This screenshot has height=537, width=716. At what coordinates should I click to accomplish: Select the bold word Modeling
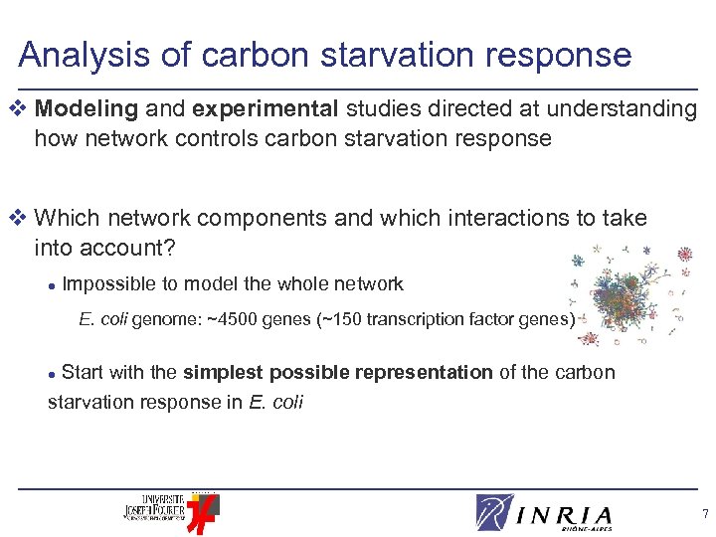87,109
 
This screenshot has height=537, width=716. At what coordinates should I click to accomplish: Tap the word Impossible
108,284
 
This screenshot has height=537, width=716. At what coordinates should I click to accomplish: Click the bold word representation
411,373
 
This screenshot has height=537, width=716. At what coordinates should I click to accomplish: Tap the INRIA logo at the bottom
544,513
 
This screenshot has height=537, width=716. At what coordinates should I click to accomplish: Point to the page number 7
704,515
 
